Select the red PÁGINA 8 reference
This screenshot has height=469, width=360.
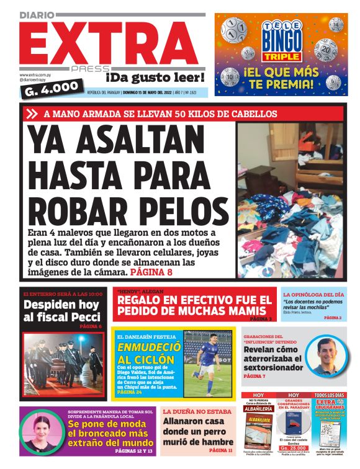(151, 272)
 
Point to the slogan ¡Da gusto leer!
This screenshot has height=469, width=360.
(155, 78)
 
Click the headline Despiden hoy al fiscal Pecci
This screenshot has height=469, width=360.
(61, 311)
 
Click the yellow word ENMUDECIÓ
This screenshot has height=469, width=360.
(145, 348)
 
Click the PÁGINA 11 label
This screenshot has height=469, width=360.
(221, 450)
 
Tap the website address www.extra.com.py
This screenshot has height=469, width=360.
(35, 75)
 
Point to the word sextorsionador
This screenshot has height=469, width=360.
(273, 368)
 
